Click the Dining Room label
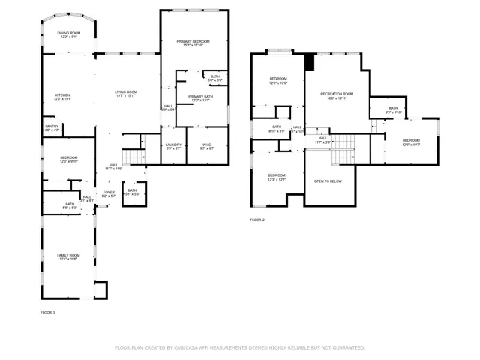[x=68, y=32]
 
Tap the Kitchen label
[x=63, y=95]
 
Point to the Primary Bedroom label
[x=193, y=41]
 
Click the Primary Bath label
[x=200, y=97]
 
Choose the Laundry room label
[x=173, y=145]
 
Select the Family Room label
[x=68, y=256]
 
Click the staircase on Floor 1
[x=133, y=157]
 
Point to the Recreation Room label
[x=337, y=94]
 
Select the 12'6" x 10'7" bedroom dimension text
[x=411, y=145]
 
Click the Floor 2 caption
[x=257, y=220]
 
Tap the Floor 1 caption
[x=48, y=311]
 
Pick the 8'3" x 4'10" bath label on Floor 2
[x=394, y=109]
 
